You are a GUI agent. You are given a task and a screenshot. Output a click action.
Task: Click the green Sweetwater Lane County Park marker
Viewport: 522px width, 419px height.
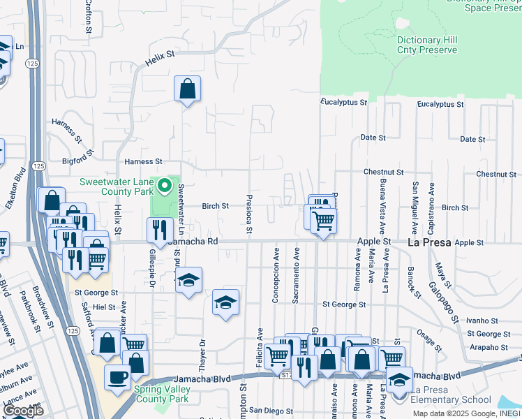pos(165,186)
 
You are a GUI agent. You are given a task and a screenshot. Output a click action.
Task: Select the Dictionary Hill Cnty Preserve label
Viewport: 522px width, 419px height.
pos(427,45)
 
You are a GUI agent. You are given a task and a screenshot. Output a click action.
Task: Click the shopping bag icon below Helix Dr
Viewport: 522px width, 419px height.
pos(187,89)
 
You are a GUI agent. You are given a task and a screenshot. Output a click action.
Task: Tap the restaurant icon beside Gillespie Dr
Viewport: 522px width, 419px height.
pos(161,230)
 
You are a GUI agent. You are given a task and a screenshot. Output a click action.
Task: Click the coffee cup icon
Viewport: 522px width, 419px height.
pos(117,377)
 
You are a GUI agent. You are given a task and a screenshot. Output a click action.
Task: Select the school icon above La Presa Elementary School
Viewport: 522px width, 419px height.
pos(399,380)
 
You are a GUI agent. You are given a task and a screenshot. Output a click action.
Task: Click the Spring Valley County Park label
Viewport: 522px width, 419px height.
pos(162,394)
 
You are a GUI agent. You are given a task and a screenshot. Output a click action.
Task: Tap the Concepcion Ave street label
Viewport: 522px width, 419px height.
pos(276,274)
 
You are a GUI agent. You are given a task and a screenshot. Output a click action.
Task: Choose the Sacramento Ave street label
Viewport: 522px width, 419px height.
pos(296,274)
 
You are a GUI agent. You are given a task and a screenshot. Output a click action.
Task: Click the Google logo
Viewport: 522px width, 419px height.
pos(24,411)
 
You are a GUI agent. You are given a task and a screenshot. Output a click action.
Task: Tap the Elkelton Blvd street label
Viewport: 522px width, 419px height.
pos(22,184)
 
